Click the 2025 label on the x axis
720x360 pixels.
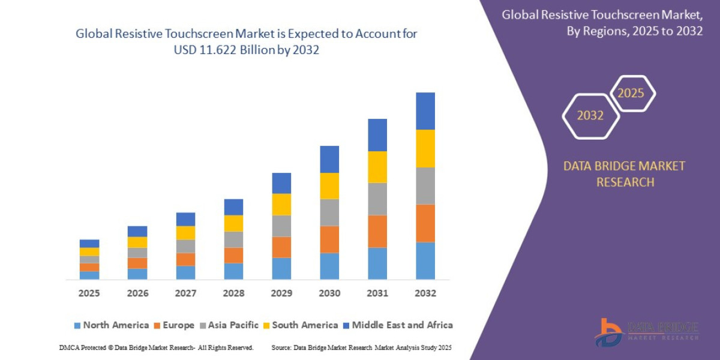coord(89,293)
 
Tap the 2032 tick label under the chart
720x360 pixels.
coord(425,293)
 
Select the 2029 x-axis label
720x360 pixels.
coord(281,293)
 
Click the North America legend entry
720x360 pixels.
coord(111,325)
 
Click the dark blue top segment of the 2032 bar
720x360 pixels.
coord(425,111)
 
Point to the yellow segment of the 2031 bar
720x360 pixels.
coord(377,167)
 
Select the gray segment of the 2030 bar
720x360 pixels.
coord(329,212)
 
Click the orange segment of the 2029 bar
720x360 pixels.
coord(281,247)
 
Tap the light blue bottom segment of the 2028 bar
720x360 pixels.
coord(233,271)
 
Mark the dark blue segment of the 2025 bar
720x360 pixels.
coord(89,244)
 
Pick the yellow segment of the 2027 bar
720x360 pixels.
coord(185,233)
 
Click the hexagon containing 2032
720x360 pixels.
coord(590,116)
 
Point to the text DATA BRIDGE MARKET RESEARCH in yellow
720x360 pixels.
coord(624,174)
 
